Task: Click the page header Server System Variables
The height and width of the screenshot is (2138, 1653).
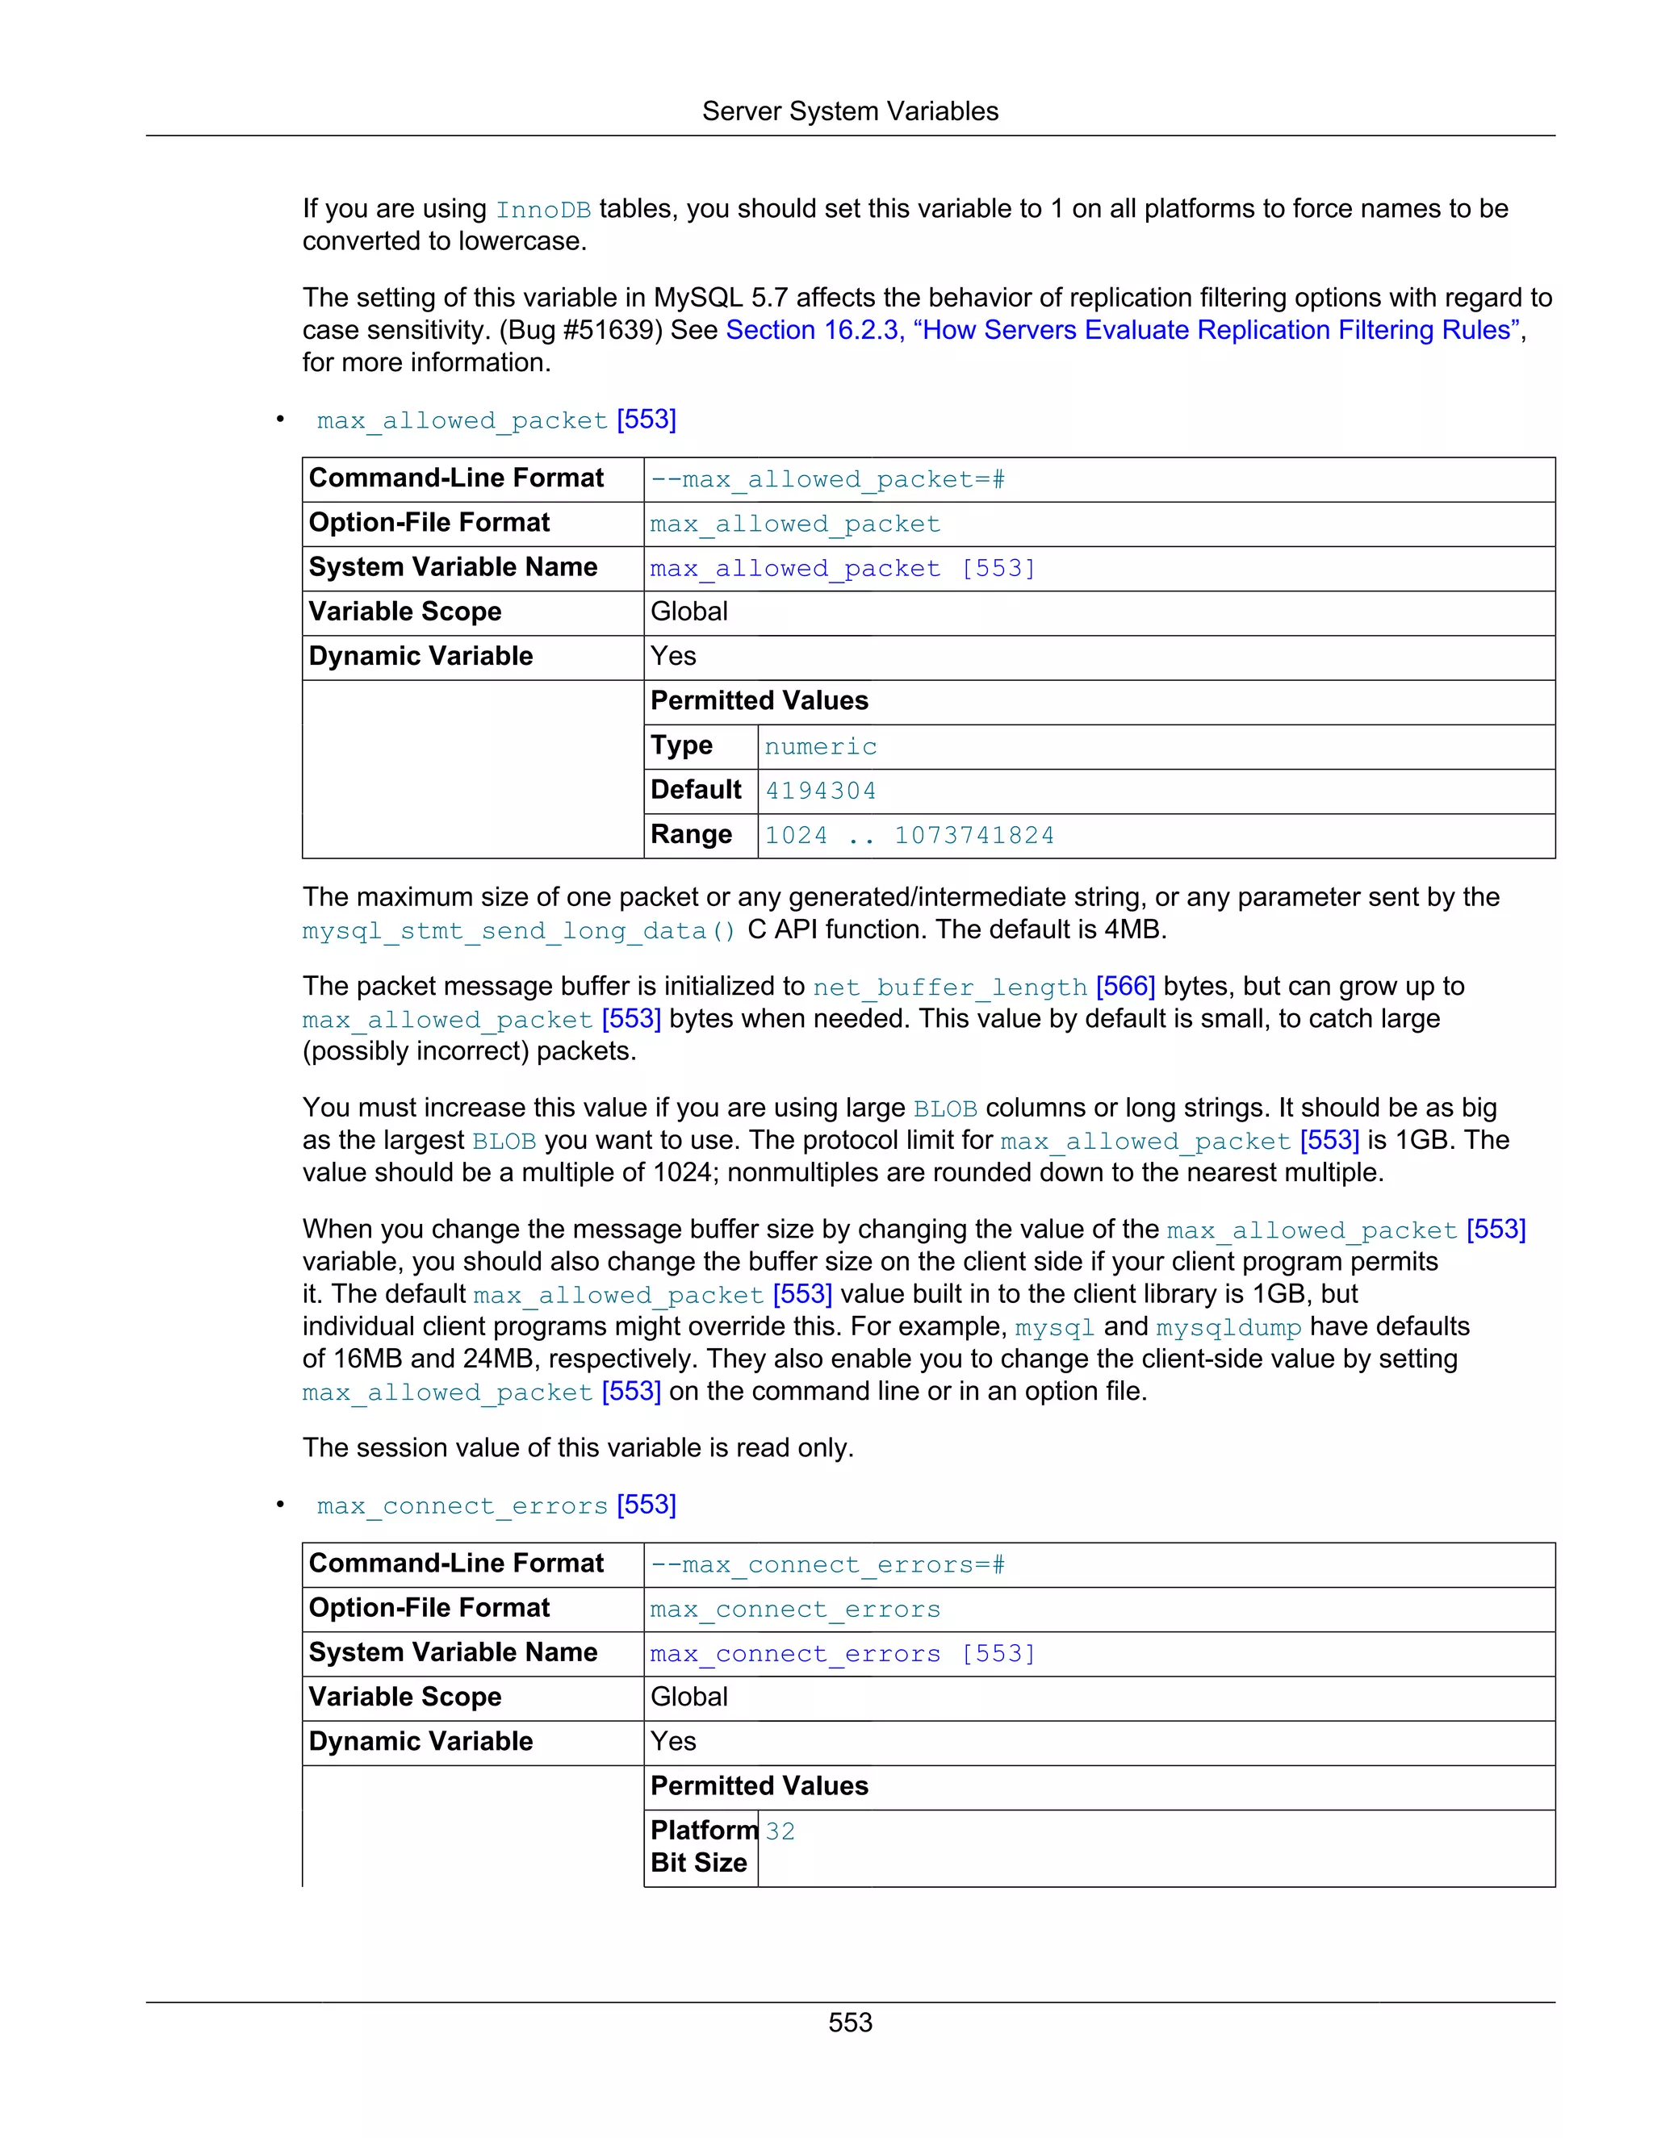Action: (x=849, y=111)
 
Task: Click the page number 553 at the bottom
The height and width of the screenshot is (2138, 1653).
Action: (x=849, y=2023)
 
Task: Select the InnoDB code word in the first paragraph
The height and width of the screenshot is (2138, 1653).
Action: (x=542, y=211)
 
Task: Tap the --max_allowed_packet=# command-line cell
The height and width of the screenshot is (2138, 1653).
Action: (x=827, y=480)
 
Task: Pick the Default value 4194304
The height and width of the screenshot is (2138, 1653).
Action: (x=821, y=791)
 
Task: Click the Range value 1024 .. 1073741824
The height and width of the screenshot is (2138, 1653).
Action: (x=909, y=836)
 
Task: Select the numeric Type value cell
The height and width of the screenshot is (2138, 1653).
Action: (x=821, y=747)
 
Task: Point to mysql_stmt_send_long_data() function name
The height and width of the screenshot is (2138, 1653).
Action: (x=518, y=931)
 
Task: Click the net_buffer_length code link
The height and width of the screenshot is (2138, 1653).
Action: (x=949, y=988)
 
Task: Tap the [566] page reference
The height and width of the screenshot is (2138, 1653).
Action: (x=1125, y=987)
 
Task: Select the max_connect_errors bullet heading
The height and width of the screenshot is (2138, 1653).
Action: (x=462, y=1506)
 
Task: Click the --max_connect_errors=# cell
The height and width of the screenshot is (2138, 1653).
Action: (x=827, y=1565)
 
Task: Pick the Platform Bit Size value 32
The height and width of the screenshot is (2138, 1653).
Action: (x=780, y=1831)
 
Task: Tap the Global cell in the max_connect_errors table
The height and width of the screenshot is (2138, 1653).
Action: (x=689, y=1697)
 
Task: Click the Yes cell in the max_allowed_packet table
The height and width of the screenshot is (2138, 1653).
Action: (x=674, y=657)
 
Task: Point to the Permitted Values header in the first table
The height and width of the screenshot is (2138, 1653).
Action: (x=759, y=701)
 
